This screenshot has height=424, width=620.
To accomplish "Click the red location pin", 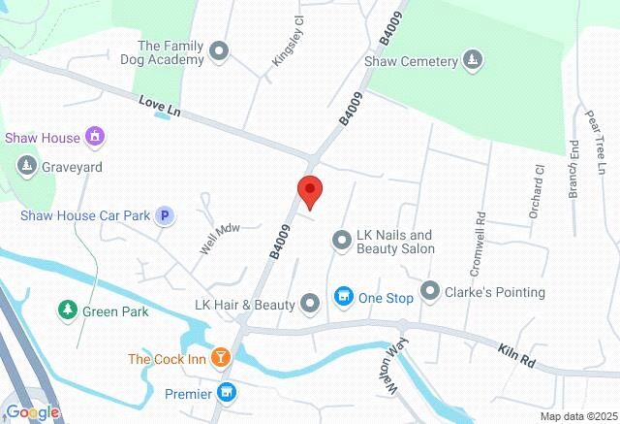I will click(310, 192).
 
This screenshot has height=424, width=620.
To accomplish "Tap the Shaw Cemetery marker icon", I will click(472, 60).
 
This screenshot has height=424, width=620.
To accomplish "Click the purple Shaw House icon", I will click(94, 137).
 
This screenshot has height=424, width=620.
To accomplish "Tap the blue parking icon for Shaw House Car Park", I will click(166, 215).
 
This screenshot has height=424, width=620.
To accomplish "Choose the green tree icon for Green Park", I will click(67, 310).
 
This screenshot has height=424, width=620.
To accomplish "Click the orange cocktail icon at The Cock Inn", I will click(222, 358).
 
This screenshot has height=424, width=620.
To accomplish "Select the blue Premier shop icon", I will click(228, 392).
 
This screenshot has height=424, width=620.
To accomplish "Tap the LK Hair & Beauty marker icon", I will click(310, 305).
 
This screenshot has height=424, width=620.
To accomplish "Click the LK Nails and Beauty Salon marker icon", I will click(341, 239).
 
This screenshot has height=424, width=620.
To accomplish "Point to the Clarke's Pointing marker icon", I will click(430, 291).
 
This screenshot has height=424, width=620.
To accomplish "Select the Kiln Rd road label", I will click(517, 353).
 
